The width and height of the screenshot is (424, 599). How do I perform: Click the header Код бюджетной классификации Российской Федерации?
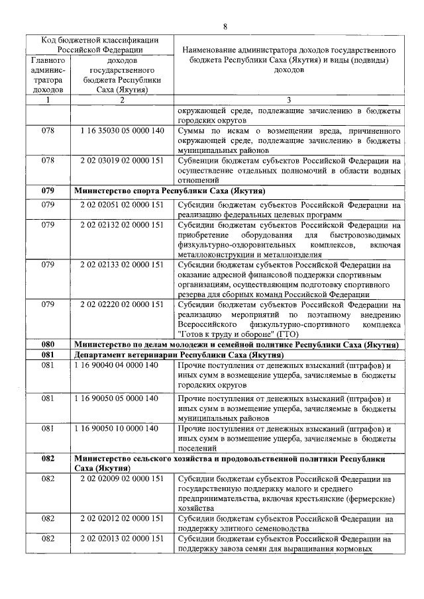click(97, 44)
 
